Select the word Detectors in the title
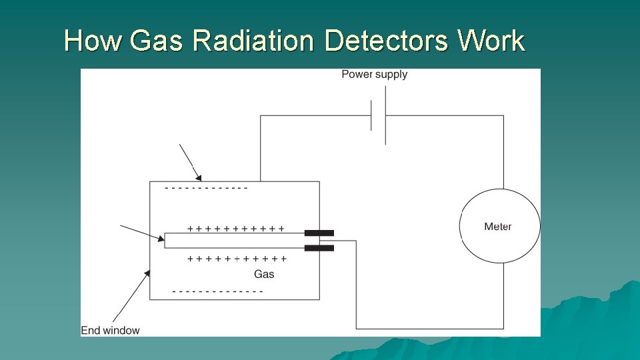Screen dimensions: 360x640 click(387, 41)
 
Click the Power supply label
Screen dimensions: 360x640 click(374, 74)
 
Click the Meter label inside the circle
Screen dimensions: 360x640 click(498, 227)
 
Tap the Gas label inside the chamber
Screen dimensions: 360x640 click(264, 274)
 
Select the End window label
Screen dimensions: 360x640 click(110, 330)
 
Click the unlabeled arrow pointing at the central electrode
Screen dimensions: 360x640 click(142, 232)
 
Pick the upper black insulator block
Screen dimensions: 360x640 click(319, 233)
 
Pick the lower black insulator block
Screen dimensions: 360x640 click(319, 248)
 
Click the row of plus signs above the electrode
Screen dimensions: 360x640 click(235, 229)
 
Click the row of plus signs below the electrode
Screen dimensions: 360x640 click(237, 259)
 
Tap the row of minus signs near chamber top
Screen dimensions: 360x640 click(206, 188)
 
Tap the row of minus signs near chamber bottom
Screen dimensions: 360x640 click(217, 291)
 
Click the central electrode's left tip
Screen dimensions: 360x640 click(166, 240)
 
